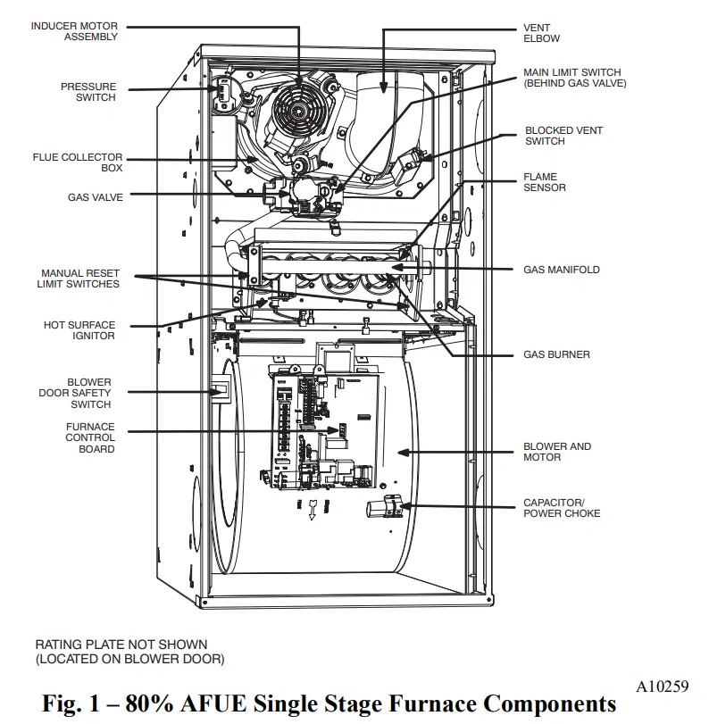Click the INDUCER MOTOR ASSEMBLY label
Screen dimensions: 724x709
pos(74,31)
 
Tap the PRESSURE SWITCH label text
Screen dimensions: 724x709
pos(88,92)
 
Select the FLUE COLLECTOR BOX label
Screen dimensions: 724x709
pos(78,162)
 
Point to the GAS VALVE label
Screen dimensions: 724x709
pos(95,197)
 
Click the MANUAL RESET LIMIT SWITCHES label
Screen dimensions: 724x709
pos(79,279)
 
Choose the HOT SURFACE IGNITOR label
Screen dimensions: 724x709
pos(79,330)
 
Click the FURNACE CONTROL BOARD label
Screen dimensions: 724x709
pos(90,438)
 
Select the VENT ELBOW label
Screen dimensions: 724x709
pos(541,33)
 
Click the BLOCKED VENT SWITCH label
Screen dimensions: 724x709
pos(563,136)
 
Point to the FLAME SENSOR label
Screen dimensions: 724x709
pos(545,182)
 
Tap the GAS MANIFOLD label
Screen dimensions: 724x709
pos(561,270)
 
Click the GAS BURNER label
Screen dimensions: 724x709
pos(556,354)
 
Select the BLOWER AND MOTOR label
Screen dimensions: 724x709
pos(556,452)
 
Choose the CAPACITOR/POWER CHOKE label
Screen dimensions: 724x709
pos(562,508)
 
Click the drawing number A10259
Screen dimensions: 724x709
pos(662,687)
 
